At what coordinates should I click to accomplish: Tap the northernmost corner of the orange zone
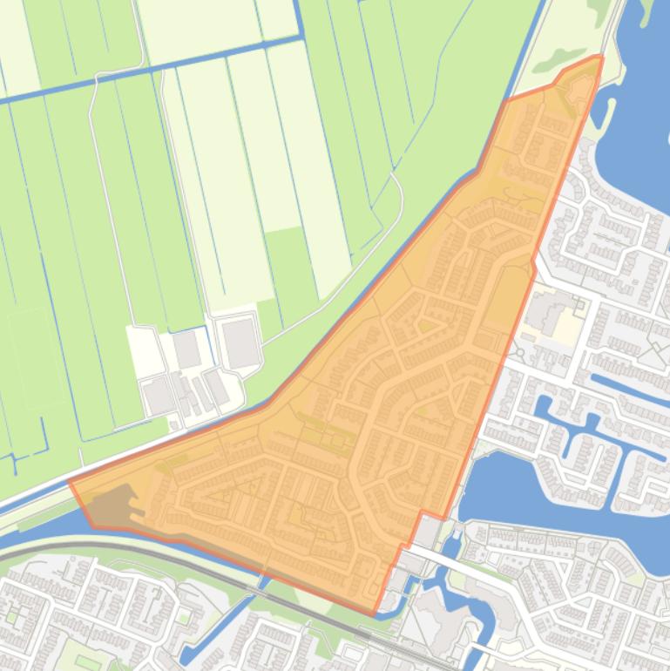point(599,57)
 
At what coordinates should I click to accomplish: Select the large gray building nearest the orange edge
point(240,342)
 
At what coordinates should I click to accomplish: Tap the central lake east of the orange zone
point(523,497)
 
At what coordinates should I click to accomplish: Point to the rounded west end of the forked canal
point(542,407)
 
